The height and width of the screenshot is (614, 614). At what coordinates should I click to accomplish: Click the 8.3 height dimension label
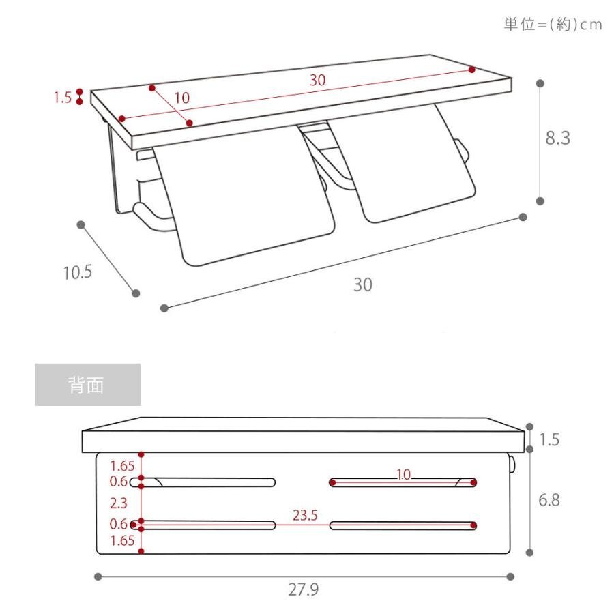tap(557, 138)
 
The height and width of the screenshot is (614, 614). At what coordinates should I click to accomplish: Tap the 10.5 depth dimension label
tap(78, 272)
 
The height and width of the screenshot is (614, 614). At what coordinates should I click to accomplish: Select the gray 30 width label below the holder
tap(363, 284)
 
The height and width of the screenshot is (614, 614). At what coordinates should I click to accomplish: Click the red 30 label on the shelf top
tap(317, 80)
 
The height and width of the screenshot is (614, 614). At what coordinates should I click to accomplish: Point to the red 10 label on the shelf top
tap(181, 98)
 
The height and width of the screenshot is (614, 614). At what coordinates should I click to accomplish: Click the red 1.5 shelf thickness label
tap(63, 98)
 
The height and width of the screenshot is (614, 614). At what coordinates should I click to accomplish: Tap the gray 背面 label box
tap(88, 385)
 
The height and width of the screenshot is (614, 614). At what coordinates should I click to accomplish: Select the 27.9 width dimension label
tap(304, 589)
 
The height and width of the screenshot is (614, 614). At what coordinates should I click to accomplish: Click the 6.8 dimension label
tap(549, 500)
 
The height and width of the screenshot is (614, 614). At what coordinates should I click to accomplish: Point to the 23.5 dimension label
tap(305, 515)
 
